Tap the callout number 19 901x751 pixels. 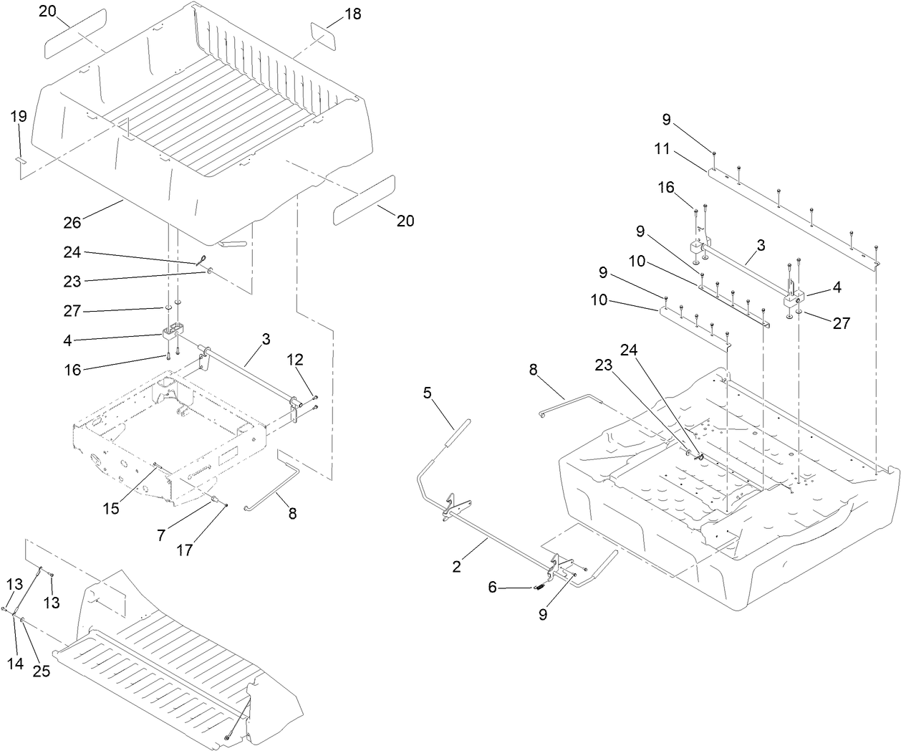[x=19, y=116]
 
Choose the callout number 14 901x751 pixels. [x=16, y=664]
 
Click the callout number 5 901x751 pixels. [x=427, y=393]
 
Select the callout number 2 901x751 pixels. [x=457, y=566]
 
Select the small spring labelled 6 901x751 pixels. [x=539, y=586]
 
